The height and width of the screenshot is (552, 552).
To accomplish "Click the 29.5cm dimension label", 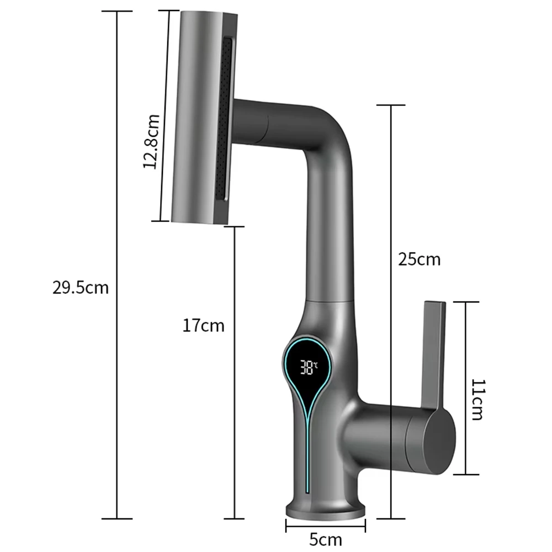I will click(x=81, y=288).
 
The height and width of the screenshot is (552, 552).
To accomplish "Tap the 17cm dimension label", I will click(x=204, y=326).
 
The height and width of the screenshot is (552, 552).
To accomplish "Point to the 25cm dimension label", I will click(x=420, y=259).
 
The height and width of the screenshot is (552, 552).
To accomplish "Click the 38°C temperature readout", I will click(x=309, y=366).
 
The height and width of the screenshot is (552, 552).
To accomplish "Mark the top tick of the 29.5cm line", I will click(x=116, y=11).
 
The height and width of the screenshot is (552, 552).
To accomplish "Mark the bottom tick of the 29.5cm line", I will click(x=116, y=518).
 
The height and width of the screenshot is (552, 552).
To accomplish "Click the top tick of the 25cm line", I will click(x=391, y=104).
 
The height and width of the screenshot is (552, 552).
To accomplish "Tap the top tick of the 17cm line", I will click(x=236, y=226).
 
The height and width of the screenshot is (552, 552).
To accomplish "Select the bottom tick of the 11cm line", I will click(x=464, y=474).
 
